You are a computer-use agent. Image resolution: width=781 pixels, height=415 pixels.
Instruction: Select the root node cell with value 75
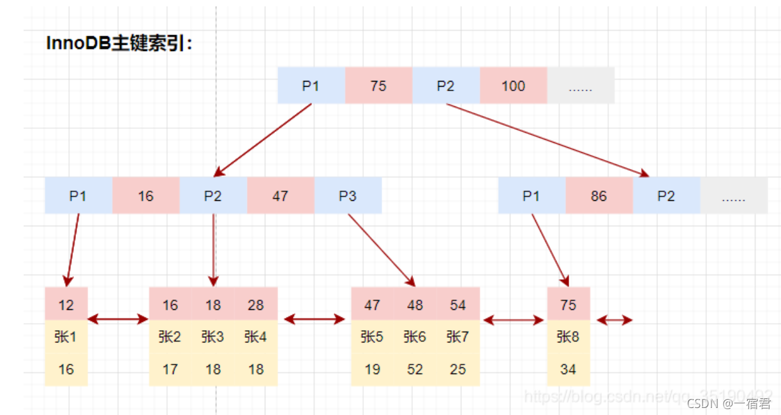(378, 86)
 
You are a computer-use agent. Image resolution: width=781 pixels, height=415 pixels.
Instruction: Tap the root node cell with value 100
(513, 86)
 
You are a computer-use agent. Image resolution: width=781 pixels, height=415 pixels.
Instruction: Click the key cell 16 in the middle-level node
(145, 196)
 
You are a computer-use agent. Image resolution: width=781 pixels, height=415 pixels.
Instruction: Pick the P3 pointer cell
(347, 196)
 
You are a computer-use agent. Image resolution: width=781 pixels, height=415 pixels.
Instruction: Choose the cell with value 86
(599, 196)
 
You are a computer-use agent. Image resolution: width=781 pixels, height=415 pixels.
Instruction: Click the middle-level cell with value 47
(280, 196)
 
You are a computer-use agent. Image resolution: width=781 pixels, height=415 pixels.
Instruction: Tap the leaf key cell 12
(66, 305)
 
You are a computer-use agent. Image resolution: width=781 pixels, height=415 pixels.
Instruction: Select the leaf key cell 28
(256, 305)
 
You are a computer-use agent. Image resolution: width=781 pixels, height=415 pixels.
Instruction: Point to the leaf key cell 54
(457, 305)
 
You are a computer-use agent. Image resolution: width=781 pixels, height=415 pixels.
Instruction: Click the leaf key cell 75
(568, 305)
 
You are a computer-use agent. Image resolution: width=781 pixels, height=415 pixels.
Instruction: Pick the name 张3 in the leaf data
(212, 337)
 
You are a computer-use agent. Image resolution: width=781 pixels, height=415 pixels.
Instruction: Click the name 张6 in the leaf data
(415, 337)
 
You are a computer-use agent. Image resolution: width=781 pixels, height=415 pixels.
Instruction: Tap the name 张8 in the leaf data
(568, 337)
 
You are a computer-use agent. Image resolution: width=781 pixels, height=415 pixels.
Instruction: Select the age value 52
(415, 369)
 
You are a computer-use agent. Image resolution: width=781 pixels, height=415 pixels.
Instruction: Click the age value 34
(568, 369)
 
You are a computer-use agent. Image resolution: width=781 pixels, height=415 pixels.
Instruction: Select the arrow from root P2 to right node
(547, 140)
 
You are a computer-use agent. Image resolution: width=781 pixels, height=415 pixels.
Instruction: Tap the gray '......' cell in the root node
(580, 86)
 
